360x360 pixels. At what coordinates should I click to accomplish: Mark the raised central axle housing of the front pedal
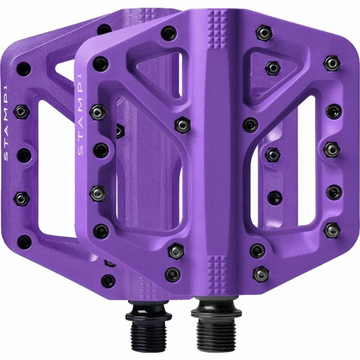click(x=216, y=154)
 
